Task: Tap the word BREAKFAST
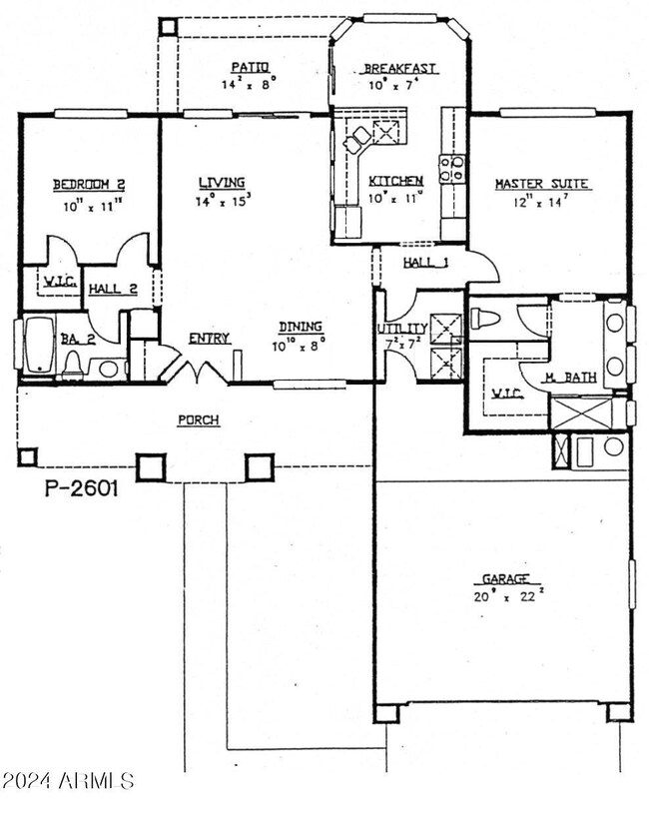(x=399, y=68)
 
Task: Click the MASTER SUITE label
(x=542, y=184)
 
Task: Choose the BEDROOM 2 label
(x=88, y=185)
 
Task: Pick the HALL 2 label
(x=112, y=289)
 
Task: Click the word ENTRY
(x=210, y=339)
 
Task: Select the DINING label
(x=300, y=326)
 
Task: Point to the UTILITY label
(x=402, y=329)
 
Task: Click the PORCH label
(x=199, y=420)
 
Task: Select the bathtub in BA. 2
(x=40, y=346)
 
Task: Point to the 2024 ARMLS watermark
(x=68, y=779)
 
